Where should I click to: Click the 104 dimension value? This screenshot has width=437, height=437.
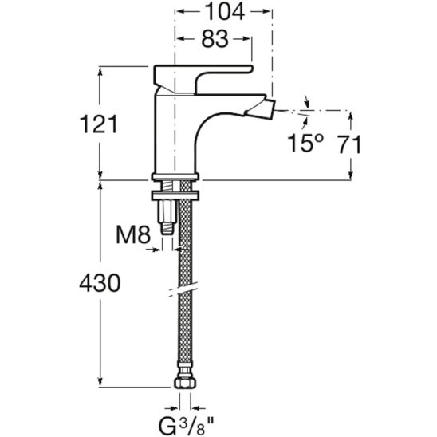pos(225,12)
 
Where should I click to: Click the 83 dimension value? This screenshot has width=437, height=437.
pos(215,39)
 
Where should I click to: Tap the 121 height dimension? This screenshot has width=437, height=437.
pos(99,124)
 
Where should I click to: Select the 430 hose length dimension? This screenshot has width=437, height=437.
pos(100,283)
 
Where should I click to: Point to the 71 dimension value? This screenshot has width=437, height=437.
pos(350,144)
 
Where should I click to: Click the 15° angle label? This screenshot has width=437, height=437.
pos(305,144)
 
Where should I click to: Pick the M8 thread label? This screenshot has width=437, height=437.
pos(133,235)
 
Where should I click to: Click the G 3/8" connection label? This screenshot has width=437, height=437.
pos(186,426)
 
